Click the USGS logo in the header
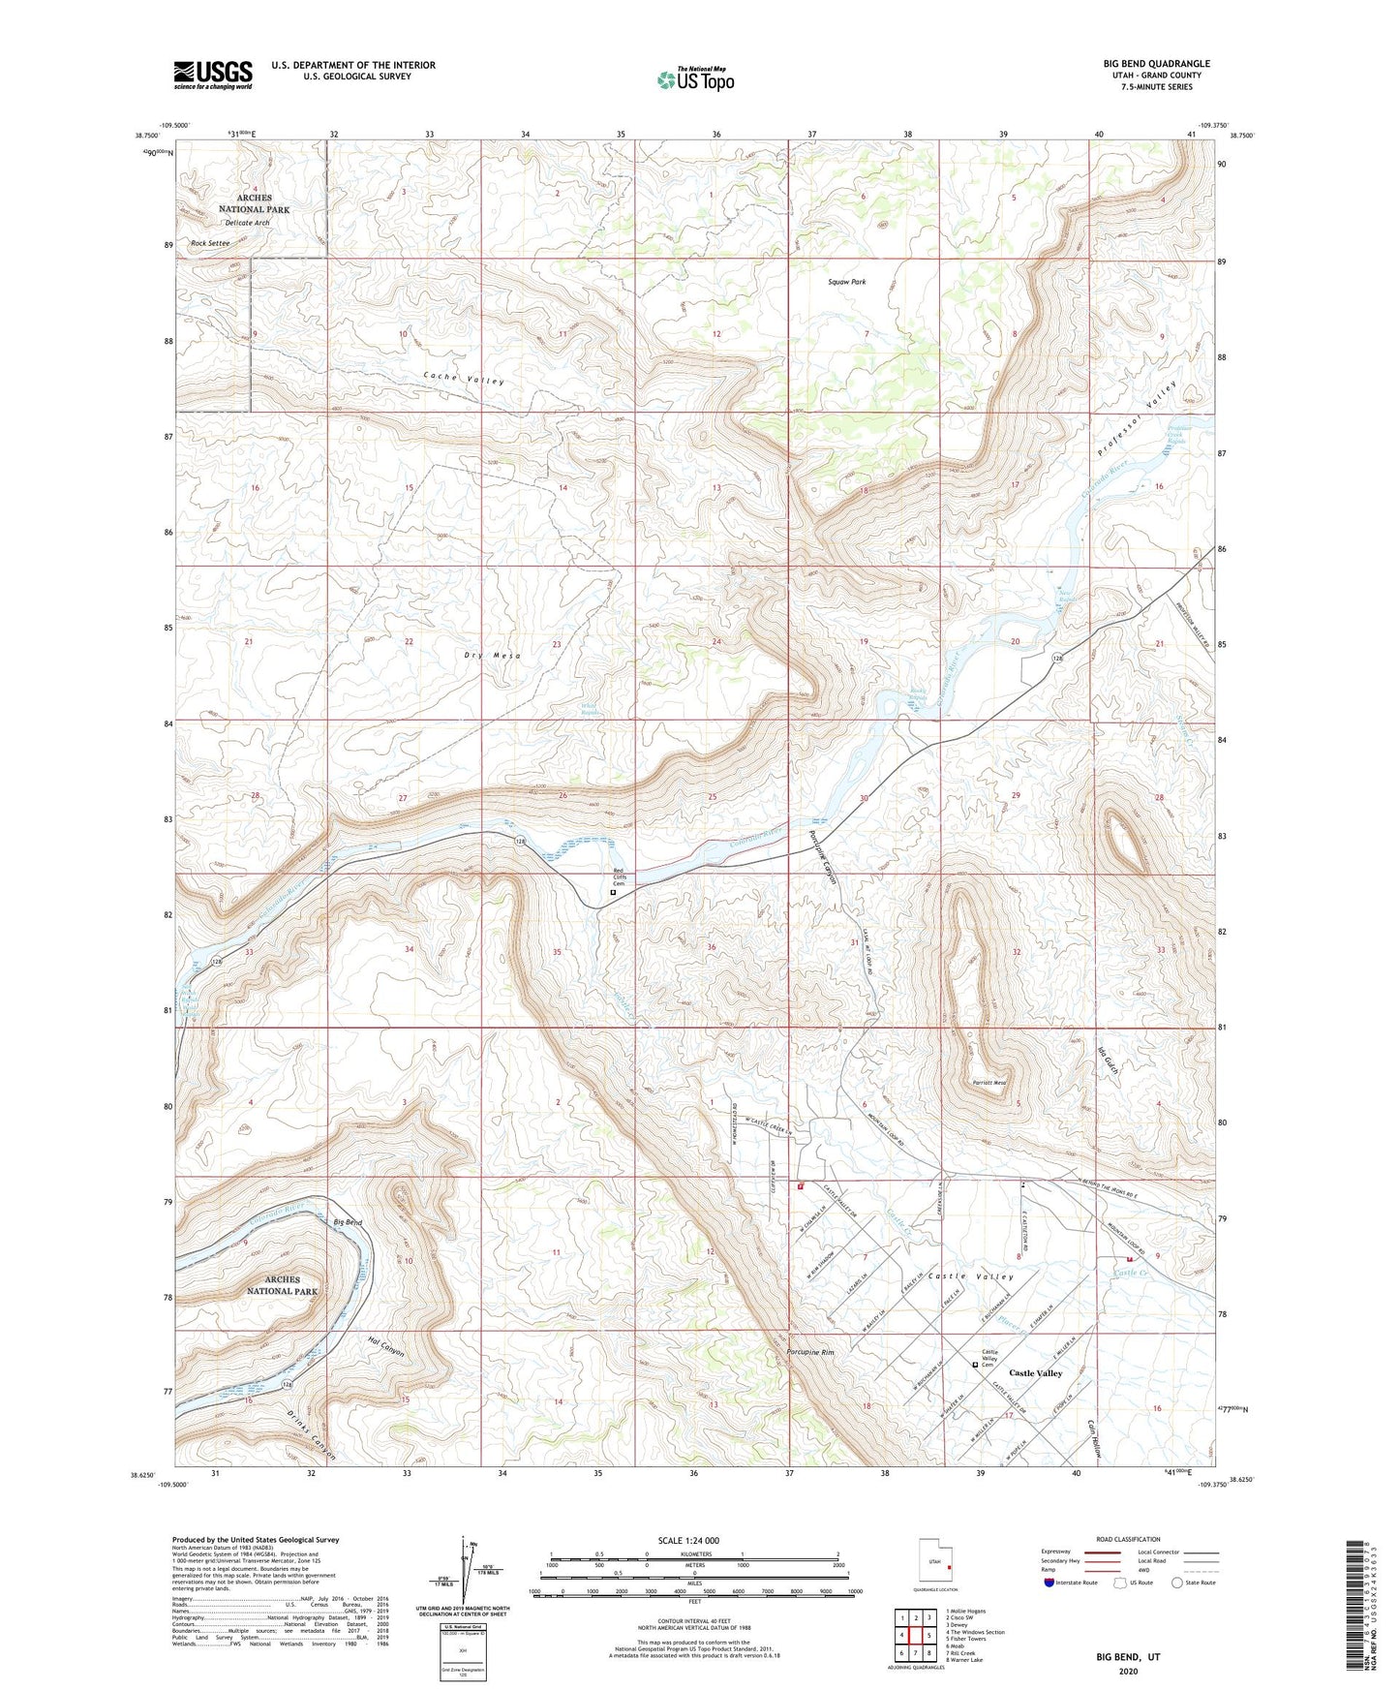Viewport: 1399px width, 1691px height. (213, 75)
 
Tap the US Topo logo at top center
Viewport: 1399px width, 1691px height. (695, 79)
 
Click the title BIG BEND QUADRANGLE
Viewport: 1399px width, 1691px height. (1156, 64)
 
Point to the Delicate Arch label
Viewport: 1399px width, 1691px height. (247, 223)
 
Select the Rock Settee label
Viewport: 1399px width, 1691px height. (210, 243)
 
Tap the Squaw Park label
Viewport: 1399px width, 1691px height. (846, 282)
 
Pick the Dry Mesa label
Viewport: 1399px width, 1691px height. (492, 656)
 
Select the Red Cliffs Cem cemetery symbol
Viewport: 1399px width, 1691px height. (613, 893)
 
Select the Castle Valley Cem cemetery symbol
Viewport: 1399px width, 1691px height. (975, 1365)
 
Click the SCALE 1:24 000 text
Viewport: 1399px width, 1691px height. (688, 1540)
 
